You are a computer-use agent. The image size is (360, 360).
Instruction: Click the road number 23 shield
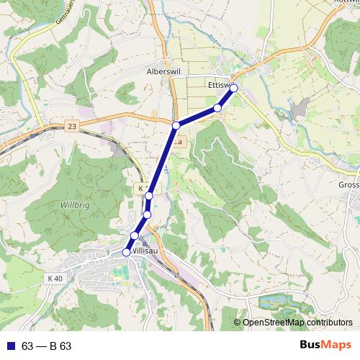[x=71, y=127]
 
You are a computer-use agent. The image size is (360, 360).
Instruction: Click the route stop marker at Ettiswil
[x=233, y=88]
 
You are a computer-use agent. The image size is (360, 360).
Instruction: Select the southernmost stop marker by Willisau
[x=127, y=252]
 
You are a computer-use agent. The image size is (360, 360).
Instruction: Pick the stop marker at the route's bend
[x=176, y=126]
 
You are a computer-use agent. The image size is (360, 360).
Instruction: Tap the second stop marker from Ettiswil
[x=217, y=108]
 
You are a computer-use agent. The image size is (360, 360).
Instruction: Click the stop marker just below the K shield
[x=149, y=196]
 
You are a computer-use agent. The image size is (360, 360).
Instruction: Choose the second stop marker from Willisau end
[x=135, y=236]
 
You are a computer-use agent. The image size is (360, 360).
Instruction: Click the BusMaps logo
[x=324, y=346]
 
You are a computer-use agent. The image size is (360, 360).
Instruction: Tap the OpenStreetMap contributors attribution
[x=297, y=323]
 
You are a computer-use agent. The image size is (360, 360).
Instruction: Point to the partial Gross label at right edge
[x=348, y=184]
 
